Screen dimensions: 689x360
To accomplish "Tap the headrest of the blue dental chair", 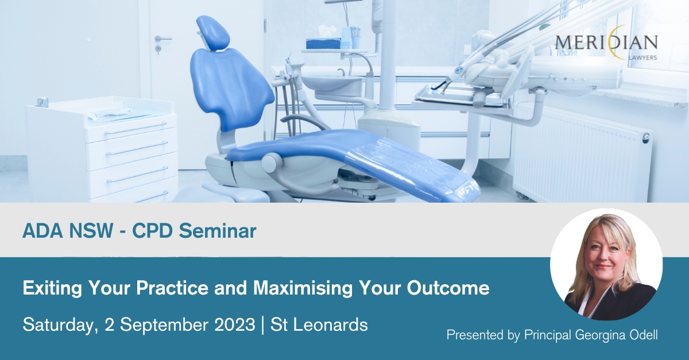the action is [213, 32].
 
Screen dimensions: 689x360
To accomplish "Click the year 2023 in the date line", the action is [235, 324].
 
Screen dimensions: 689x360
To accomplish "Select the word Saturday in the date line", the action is [58, 325].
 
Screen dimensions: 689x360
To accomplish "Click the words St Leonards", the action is [319, 324].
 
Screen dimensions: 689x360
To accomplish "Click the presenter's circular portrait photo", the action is [606, 265].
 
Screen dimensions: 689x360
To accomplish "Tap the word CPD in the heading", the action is [152, 231].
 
